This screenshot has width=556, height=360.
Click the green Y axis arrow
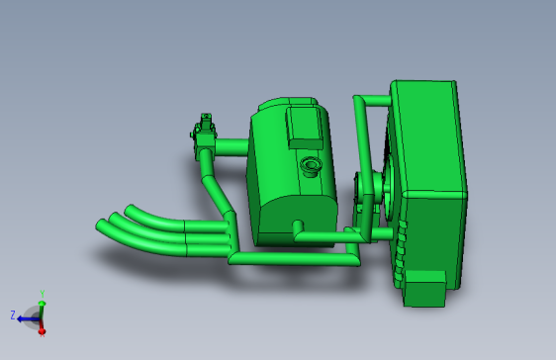tap(41, 301)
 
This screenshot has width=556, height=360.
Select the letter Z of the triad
tap(12, 315)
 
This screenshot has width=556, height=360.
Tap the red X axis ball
tap(42, 330)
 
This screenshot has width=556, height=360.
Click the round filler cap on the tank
tap(311, 165)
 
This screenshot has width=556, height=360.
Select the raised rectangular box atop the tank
tap(303, 127)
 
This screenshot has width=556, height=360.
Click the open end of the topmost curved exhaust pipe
tap(130, 209)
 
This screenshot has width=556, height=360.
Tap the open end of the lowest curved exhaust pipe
tap(100, 225)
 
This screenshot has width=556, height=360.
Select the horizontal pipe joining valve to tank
tap(231, 146)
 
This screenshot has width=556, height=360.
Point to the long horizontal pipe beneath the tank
tap(297, 259)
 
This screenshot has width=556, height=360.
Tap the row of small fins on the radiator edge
tap(400, 252)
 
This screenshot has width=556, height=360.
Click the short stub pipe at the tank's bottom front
tap(299, 230)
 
